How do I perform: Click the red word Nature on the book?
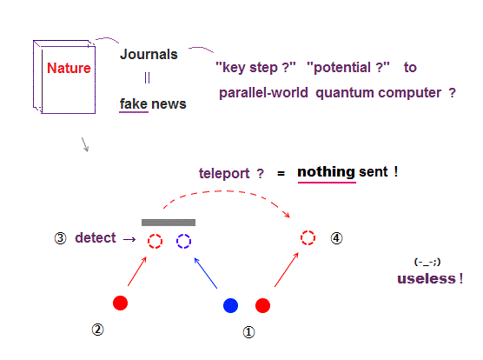tap(69, 68)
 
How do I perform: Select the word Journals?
tap(149, 54)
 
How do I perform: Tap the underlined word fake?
tap(134, 103)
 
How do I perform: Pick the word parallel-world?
tap(263, 92)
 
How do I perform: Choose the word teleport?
tap(224, 174)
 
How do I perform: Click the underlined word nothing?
tap(327, 171)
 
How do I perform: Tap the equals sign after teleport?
tap(281, 174)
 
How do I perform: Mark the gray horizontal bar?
tap(169, 223)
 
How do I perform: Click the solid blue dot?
tap(230, 305)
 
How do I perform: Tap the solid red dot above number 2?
tap(120, 303)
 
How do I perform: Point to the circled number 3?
tap(61, 238)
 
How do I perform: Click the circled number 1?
tap(249, 332)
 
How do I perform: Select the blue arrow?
tap(206, 273)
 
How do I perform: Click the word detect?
tap(96, 237)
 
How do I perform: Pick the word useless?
tap(427, 278)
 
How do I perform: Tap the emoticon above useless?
tap(427, 262)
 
